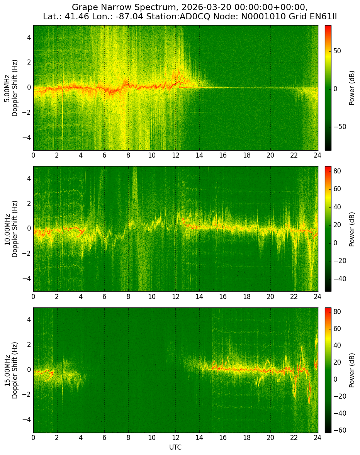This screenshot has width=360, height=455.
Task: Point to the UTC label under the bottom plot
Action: click(x=175, y=447)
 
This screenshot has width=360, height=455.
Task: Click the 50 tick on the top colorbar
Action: click(x=337, y=51)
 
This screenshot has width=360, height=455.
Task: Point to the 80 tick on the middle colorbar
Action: click(x=337, y=171)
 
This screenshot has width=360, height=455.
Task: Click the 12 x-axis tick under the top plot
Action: click(x=175, y=155)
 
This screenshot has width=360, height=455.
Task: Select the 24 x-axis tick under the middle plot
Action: click(x=318, y=296)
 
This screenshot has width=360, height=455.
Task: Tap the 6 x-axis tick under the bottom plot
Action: click(x=104, y=438)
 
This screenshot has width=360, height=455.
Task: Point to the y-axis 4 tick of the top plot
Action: click(x=29, y=38)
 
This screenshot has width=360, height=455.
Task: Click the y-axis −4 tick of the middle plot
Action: click(x=27, y=279)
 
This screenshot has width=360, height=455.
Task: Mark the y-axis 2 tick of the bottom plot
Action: click(x=29, y=345)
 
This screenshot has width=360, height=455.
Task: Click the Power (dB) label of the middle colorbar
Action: click(x=352, y=229)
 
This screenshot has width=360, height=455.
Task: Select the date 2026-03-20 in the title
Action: click(x=202, y=7)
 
